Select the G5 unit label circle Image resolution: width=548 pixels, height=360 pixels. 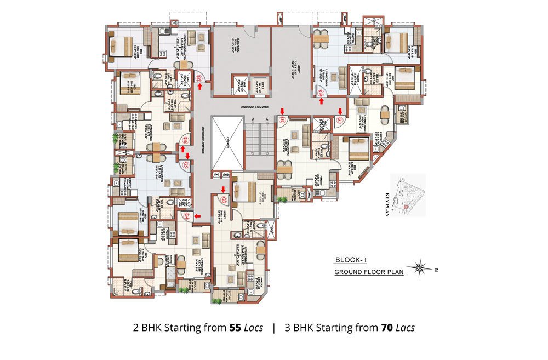[x=186, y=164]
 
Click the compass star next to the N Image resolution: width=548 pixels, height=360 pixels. [x=423, y=267]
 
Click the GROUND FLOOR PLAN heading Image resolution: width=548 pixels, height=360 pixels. [x=369, y=272]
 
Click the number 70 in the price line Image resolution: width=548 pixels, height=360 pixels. [x=387, y=328]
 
